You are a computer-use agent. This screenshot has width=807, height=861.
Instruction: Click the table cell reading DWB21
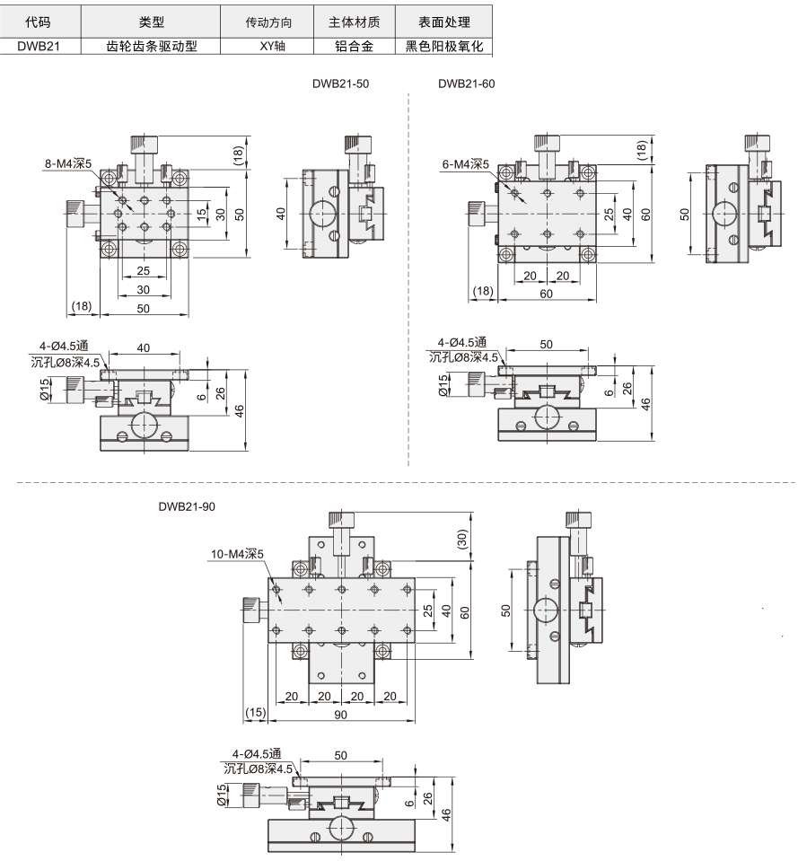pyautogui.click(x=39, y=46)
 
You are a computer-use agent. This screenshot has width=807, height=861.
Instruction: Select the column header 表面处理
pyautogui.click(x=444, y=22)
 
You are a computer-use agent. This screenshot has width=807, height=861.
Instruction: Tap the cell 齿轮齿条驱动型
pyautogui.click(x=152, y=46)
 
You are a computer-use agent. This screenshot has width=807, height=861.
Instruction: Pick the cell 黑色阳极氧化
pyautogui.click(x=444, y=46)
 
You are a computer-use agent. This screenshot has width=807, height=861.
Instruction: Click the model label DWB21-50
pyautogui.click(x=340, y=84)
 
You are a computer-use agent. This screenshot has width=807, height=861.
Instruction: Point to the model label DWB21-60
pyautogui.click(x=466, y=84)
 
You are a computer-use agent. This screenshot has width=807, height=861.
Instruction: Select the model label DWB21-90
pyautogui.click(x=187, y=507)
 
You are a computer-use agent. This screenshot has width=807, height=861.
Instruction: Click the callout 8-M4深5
pyautogui.click(x=68, y=163)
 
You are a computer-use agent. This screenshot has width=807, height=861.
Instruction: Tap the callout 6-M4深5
pyautogui.click(x=466, y=164)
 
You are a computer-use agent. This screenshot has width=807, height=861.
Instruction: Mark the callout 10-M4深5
pyautogui.click(x=237, y=554)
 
